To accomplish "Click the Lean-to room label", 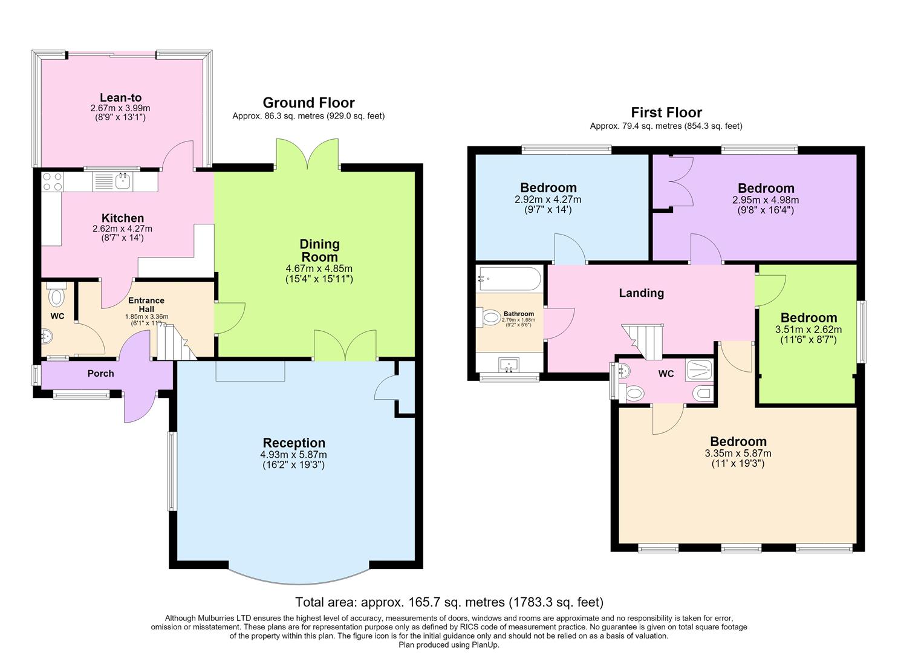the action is (x=121, y=97).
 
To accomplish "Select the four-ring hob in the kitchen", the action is (x=53, y=181).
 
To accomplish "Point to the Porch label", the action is (x=100, y=374).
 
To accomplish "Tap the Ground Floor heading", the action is (x=308, y=103).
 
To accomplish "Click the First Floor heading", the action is (x=666, y=112).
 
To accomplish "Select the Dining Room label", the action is (x=319, y=250).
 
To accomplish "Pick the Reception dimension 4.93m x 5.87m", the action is (x=293, y=455).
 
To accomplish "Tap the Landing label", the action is (x=642, y=293).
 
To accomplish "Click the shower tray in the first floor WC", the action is (x=699, y=370).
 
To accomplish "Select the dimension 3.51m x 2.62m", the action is (x=808, y=330).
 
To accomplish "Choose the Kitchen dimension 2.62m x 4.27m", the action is (x=122, y=229).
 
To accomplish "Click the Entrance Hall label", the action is (x=146, y=305).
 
